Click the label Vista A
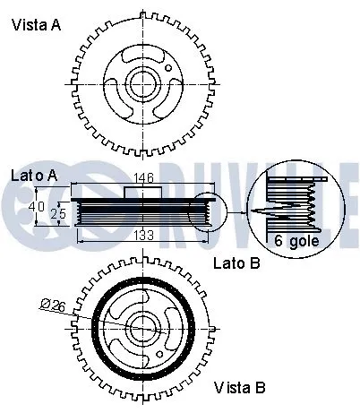pyautogui.click(x=37, y=26)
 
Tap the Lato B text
pyautogui.click(x=236, y=264)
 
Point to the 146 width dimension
pyautogui.click(x=144, y=178)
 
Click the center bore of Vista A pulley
pyautogui.click(x=144, y=84)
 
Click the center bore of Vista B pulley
pyautogui.click(x=144, y=328)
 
